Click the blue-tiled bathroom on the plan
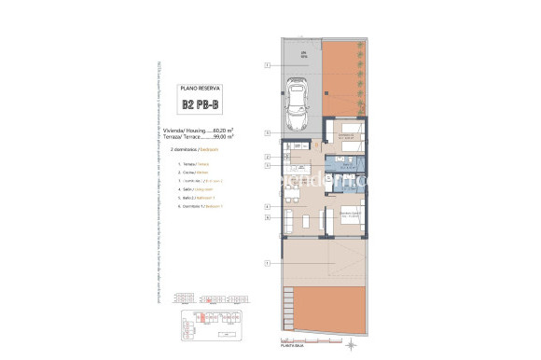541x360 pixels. coord(342,174)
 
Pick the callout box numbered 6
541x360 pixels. coord(267,216)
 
